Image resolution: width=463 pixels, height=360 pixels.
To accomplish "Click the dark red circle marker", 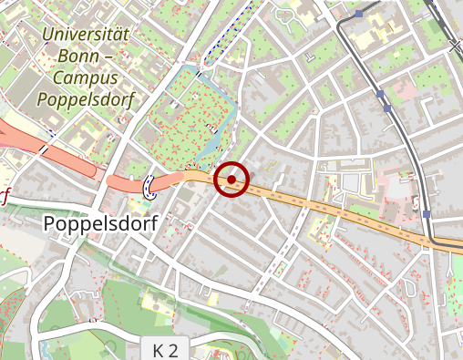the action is click(231, 179).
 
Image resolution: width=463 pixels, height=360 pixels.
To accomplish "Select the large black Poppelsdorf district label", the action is click(100, 223).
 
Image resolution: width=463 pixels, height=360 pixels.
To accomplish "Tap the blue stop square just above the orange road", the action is click(427, 213).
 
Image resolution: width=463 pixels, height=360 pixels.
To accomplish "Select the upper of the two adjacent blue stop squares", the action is click(378, 94).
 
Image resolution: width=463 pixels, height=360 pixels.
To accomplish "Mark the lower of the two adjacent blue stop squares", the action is click(388, 108).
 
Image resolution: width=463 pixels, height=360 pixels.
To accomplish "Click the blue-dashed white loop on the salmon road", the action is click(149, 187).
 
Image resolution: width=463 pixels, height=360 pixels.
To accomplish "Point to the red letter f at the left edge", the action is click(5, 196).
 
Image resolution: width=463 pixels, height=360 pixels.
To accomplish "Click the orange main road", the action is click(319, 204).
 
